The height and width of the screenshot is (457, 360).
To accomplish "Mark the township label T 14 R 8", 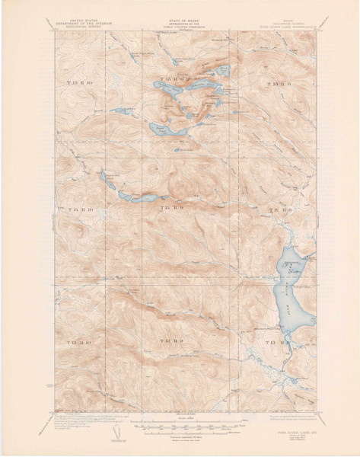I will point(280,207).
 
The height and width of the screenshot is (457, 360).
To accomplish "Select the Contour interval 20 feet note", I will point(180,438).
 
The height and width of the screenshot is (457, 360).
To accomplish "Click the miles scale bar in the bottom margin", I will point(180,429).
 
